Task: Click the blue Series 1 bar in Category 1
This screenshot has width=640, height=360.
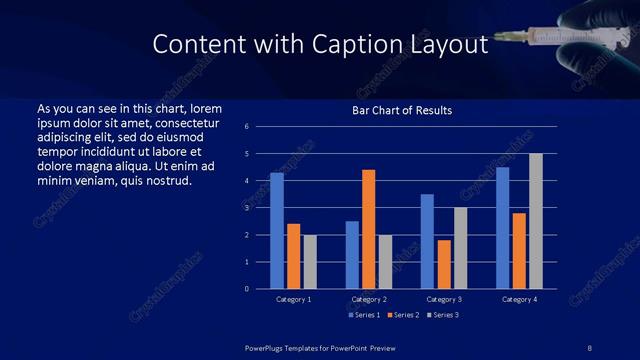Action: click(x=277, y=231)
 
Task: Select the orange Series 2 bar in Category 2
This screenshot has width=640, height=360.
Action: click(x=368, y=229)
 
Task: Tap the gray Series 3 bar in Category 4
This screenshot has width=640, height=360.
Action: click(x=535, y=221)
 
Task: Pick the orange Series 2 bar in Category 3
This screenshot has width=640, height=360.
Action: click(x=443, y=264)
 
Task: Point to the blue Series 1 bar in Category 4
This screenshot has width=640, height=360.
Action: click(x=502, y=228)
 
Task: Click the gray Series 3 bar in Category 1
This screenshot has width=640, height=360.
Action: click(x=309, y=262)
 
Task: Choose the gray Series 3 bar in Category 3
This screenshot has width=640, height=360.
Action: click(x=460, y=248)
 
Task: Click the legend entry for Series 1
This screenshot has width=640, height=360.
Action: click(x=362, y=315)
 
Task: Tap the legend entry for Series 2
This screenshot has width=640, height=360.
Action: click(x=401, y=315)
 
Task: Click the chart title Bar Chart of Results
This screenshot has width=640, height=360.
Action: click(x=402, y=110)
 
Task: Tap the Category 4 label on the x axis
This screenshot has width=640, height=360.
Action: click(x=518, y=299)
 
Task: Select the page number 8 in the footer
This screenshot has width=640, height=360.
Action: click(x=589, y=346)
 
